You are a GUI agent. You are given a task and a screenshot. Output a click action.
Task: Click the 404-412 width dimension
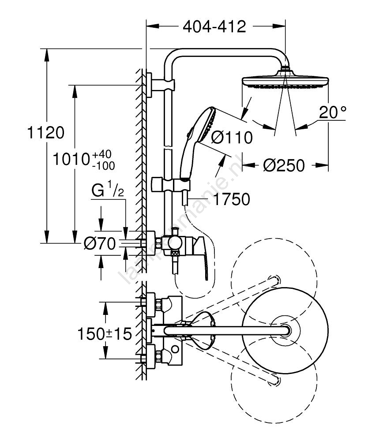(x=214, y=27)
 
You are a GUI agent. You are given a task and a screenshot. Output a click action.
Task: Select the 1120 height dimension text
(x=46, y=132)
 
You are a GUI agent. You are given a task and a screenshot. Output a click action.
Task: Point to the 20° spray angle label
(x=332, y=113)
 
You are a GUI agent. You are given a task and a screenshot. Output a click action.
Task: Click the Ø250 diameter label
(x=284, y=165)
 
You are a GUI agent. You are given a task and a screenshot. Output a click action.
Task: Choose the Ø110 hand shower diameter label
(x=232, y=138)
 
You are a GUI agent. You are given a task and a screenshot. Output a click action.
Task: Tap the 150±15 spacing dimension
(x=105, y=334)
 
